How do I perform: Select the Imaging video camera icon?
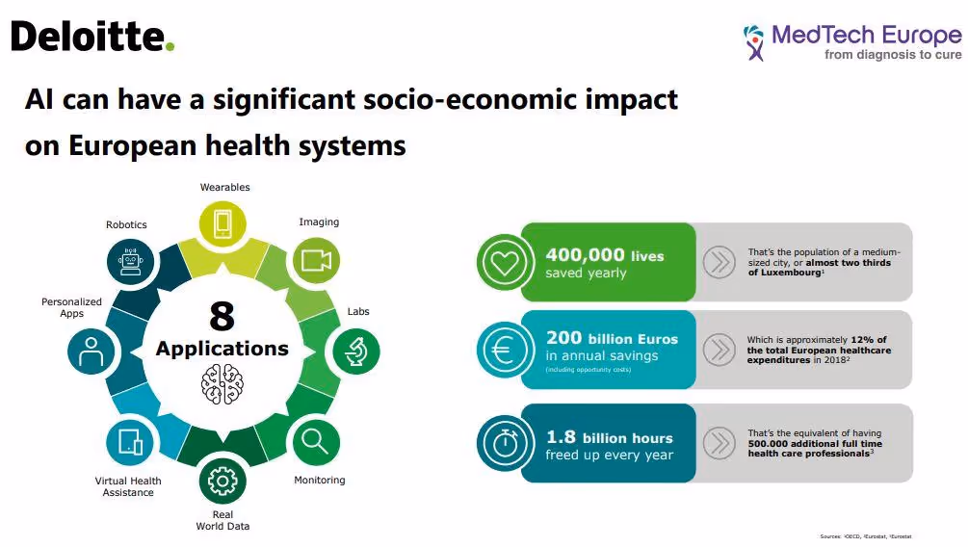tap(316, 260)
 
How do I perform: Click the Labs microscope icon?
tap(355, 352)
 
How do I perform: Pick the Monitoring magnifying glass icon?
tap(316, 442)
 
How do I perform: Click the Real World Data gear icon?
tap(222, 480)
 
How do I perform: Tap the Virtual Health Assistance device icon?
tap(130, 442)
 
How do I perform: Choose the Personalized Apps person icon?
tap(92, 352)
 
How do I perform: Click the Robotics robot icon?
tap(130, 260)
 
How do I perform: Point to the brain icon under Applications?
tap(222, 382)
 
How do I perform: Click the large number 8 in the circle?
tap(222, 316)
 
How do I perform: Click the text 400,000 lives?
tap(604, 255)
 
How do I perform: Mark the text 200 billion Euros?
tap(612, 339)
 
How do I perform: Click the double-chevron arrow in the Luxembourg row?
tap(719, 262)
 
